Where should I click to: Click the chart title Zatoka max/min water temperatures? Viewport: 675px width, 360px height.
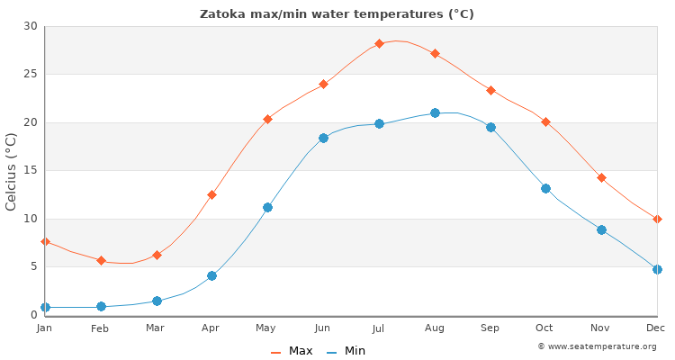(337, 14)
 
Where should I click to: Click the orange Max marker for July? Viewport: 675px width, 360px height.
(379, 43)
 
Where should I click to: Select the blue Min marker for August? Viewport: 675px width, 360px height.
(435, 112)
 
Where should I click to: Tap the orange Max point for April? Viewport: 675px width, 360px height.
(211, 194)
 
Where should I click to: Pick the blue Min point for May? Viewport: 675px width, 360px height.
(267, 207)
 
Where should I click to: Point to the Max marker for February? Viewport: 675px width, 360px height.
(101, 260)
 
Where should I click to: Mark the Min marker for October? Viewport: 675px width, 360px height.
(545, 188)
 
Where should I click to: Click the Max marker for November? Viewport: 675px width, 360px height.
(601, 178)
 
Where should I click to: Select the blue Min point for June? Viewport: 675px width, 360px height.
(323, 138)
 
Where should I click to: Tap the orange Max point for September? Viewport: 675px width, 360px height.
(490, 90)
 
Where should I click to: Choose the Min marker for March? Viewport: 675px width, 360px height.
(157, 301)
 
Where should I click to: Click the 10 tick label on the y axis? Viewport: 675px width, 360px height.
(31, 219)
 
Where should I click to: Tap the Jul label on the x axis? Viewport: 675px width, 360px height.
(379, 328)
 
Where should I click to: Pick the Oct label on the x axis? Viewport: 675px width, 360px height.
(545, 328)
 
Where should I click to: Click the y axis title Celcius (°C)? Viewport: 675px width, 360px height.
(12, 171)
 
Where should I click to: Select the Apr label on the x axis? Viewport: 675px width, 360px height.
(211, 328)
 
